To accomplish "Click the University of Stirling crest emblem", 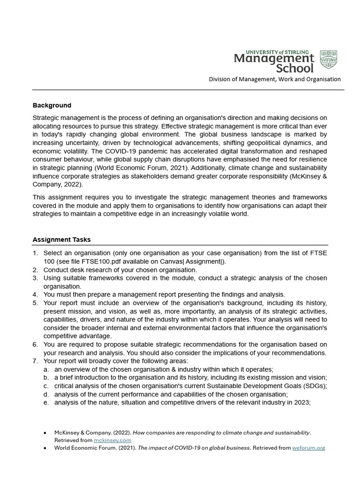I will (328, 60).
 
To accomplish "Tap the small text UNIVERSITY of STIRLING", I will (274, 52).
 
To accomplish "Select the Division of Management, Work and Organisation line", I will (275, 79).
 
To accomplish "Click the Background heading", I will (52, 105).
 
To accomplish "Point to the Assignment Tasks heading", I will (61, 240).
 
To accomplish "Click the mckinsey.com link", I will (112, 440).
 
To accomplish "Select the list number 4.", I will (35, 294).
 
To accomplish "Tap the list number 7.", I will (35, 361).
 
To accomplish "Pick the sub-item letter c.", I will (46, 386).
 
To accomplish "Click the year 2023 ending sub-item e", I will (302, 402).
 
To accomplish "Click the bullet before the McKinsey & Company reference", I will (44, 433).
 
